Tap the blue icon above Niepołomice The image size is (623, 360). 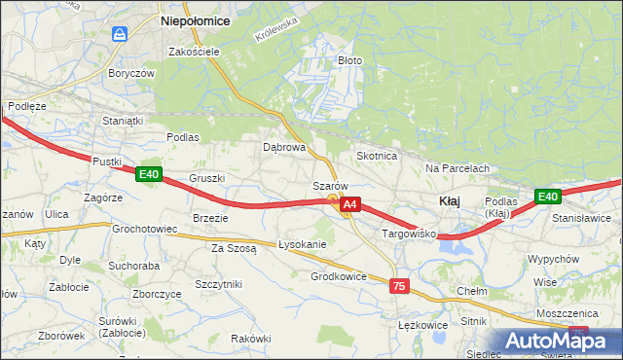(120, 34)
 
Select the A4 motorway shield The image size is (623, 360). (350, 205)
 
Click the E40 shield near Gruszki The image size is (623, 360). (148, 174)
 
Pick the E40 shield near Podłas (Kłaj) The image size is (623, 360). (548, 197)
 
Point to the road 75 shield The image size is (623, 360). (398, 286)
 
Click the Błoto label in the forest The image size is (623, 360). (349, 60)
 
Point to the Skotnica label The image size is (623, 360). (377, 156)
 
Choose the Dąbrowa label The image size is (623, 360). (285, 148)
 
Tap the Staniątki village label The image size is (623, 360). (124, 121)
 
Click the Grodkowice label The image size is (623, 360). (339, 276)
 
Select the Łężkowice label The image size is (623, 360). (422, 325)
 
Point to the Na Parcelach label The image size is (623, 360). (457, 168)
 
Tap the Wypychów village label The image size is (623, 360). (553, 260)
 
